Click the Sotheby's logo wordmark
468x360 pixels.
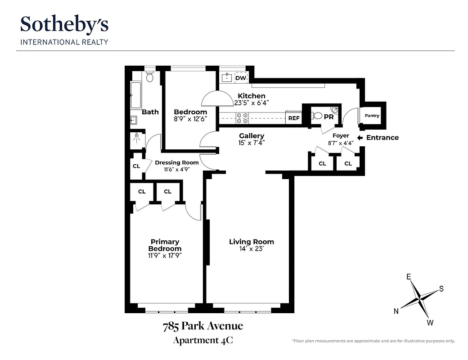click(64, 25)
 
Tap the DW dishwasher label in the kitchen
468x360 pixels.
click(241, 78)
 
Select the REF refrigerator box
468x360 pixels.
click(293, 118)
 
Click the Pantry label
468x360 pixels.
click(372, 116)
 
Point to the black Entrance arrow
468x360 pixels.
click(360, 138)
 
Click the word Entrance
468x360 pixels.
click(382, 138)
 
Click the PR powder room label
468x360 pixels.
click(328, 116)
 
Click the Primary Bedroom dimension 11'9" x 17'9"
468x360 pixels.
click(165, 256)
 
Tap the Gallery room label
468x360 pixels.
click(252, 136)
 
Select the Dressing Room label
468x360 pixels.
click(177, 162)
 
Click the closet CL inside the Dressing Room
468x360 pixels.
click(136, 166)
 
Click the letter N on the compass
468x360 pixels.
click(396, 311)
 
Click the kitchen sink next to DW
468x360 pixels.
click(227, 77)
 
